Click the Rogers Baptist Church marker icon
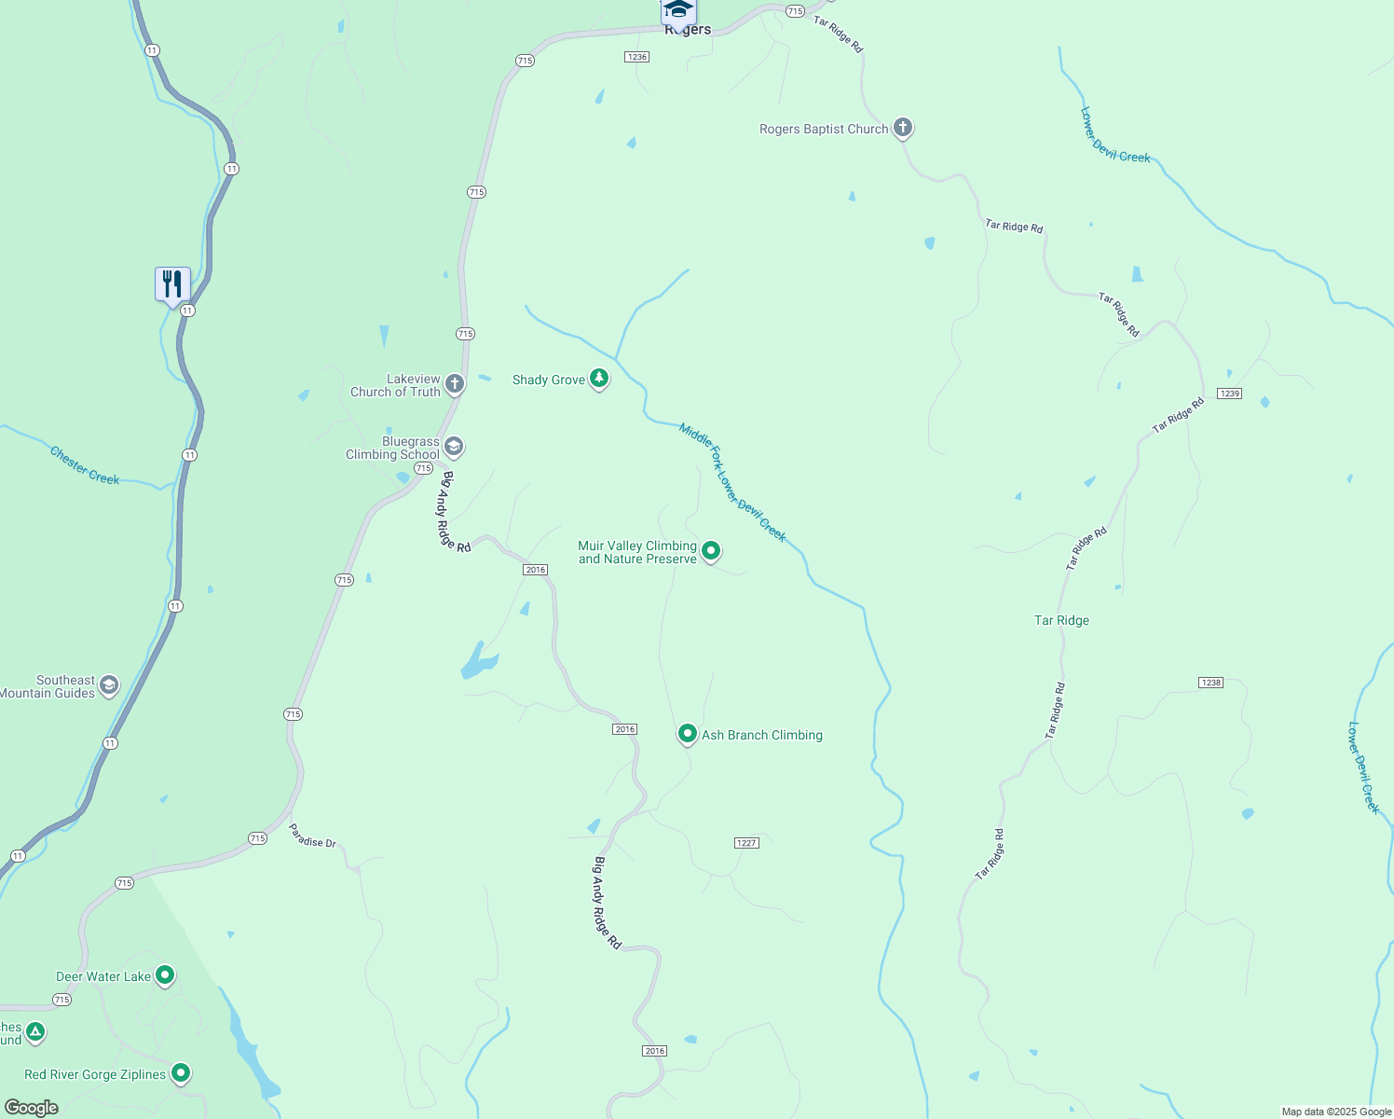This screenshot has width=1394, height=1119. (902, 128)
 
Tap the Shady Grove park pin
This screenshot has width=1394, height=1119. (599, 379)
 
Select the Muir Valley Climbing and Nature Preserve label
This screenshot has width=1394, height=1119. (637, 553)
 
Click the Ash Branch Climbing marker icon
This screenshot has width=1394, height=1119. (687, 734)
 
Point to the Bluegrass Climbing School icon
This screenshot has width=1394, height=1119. (454, 447)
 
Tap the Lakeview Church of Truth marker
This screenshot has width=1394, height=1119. (454, 383)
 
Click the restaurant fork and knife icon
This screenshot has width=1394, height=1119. (172, 283)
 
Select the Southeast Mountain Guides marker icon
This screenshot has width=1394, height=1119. (109, 686)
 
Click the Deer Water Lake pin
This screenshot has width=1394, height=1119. (165, 975)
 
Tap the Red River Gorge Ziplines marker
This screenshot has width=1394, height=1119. (181, 1073)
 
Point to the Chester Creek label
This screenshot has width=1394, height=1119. (85, 465)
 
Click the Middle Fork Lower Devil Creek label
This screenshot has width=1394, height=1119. (732, 482)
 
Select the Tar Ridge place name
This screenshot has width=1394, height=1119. (1061, 620)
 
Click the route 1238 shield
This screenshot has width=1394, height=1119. (1210, 683)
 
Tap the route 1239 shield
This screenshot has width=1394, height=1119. (1229, 394)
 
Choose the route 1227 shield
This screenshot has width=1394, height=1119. (746, 843)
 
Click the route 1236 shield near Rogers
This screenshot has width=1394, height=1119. (636, 57)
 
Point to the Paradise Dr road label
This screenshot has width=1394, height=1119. (312, 836)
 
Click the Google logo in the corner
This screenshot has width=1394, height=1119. (31, 1108)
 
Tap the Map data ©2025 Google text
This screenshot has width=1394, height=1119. (1336, 1112)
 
